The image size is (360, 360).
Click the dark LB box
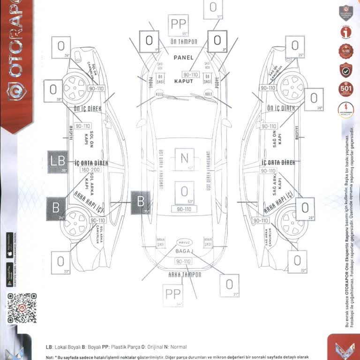click(58, 162)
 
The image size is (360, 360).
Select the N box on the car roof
click(184, 158)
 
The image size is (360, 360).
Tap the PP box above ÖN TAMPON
click(179, 25)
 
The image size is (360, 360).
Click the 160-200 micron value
click(90, 170)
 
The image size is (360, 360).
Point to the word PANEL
click(183, 57)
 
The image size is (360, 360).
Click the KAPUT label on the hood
click(184, 81)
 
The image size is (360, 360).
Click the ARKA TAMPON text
click(184, 275)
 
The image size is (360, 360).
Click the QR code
click(22, 307)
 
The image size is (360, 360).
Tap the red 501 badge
click(346, 89)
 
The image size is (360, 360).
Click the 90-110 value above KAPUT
click(190, 75)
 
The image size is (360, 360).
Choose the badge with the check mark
click(346, 70)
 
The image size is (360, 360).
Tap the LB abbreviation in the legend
click(49, 347)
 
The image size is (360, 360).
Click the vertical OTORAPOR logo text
click(16, 52)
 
